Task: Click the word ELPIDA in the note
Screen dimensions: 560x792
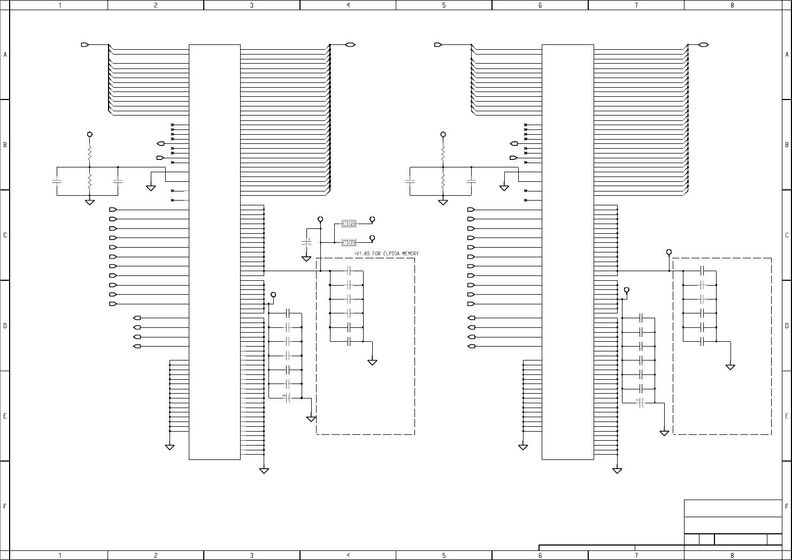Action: coord(388,254)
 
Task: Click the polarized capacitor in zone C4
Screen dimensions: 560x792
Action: coord(306,242)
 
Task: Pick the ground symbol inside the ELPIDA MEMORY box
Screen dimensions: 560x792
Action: coord(372,362)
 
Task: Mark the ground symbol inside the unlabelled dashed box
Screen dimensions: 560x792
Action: coord(730,367)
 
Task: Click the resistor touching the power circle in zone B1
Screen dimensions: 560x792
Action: coord(90,152)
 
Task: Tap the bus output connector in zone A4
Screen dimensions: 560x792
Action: coord(351,45)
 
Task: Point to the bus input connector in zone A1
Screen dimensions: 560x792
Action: coord(85,45)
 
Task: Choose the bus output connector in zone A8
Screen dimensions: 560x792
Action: coord(704,45)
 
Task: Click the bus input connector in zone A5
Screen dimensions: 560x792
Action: coord(438,45)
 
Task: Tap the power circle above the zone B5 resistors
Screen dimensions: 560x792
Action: coord(443,135)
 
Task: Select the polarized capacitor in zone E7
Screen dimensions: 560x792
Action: coord(640,402)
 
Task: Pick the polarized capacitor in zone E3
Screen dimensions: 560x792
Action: coord(287,397)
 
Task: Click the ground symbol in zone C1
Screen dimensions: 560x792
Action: coord(90,202)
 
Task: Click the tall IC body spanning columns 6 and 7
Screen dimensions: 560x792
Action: coord(568,251)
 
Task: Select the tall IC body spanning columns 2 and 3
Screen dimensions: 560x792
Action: coord(214,251)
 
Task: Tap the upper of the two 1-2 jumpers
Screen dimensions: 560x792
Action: coord(349,223)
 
